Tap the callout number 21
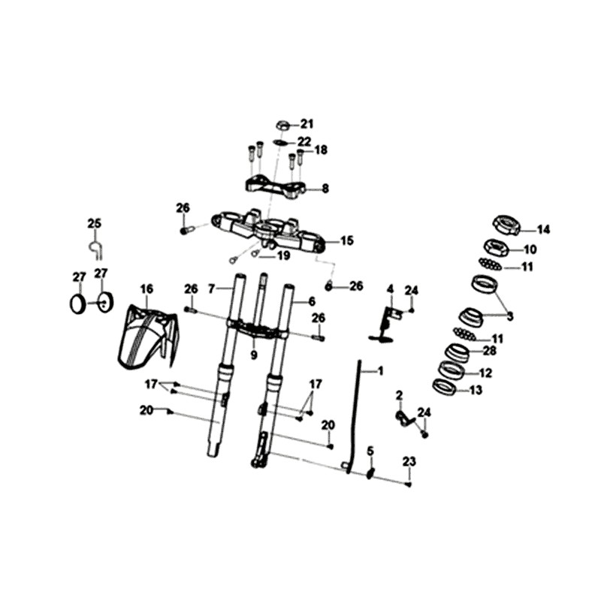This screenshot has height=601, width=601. pos(307,124)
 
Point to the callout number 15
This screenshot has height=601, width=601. pos(347,240)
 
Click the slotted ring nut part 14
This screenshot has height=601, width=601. pos(506,225)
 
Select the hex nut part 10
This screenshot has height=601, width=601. pos(497,248)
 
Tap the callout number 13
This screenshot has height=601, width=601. pos(476,390)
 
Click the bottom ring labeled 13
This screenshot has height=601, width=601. pos(444,387)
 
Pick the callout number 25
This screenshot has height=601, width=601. pos(95,223)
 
